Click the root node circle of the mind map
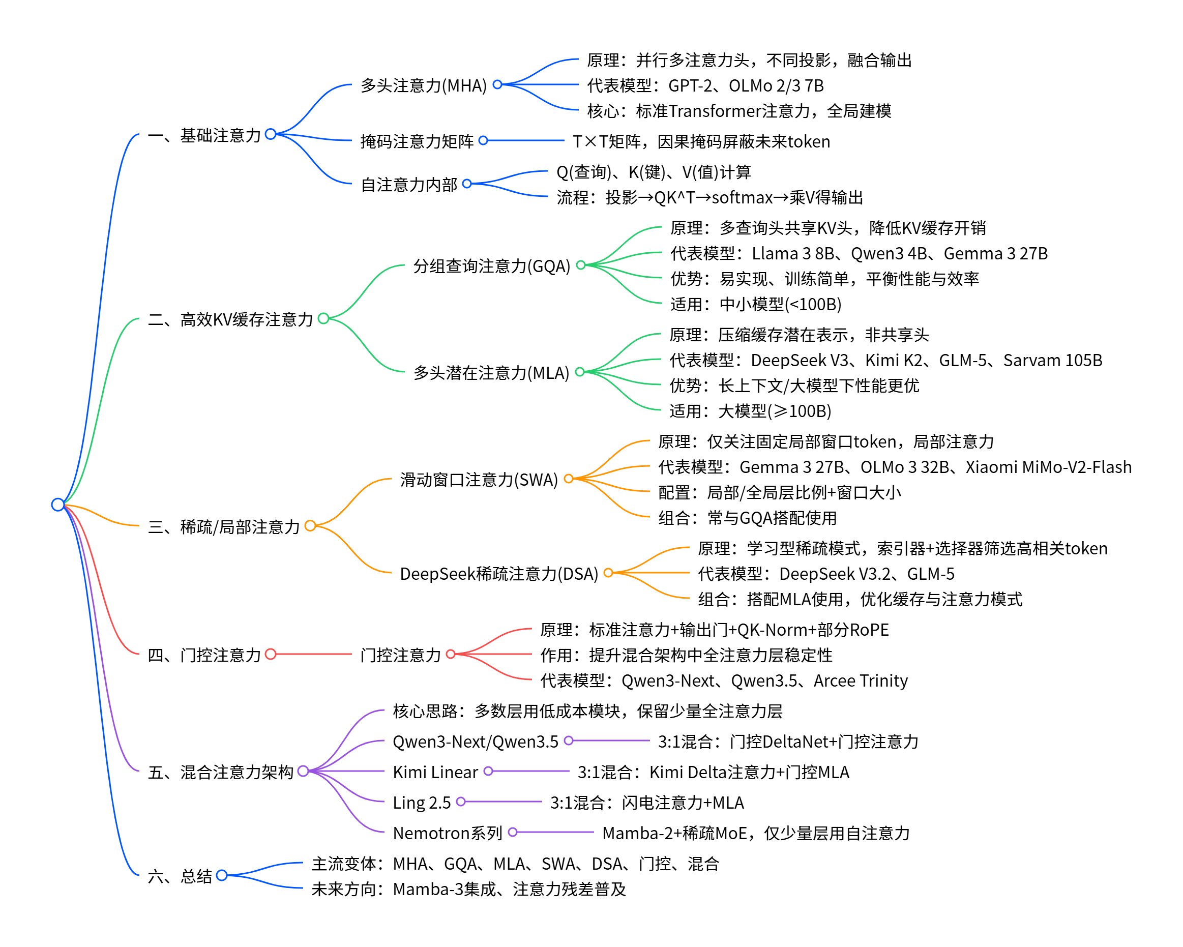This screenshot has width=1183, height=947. click(x=57, y=504)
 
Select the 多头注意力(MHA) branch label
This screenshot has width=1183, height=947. click(x=423, y=85)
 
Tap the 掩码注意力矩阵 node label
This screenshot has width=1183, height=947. click(x=417, y=141)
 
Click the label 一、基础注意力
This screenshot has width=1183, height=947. click(x=204, y=135)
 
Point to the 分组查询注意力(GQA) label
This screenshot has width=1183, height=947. click(x=491, y=266)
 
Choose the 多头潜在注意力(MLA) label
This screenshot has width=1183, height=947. click(x=491, y=373)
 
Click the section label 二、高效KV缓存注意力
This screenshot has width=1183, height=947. click(x=230, y=319)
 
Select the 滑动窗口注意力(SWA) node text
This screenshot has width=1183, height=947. click(x=478, y=480)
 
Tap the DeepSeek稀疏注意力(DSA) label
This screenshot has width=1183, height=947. click(x=498, y=574)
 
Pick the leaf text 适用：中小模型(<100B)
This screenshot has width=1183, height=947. click(x=756, y=304)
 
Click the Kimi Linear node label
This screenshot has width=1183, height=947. click(x=435, y=772)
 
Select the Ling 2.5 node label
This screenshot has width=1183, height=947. click(x=422, y=803)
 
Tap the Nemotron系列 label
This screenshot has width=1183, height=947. click(x=447, y=834)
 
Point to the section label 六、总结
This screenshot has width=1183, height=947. click(x=180, y=876)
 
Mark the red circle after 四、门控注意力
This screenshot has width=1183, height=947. click(x=271, y=654)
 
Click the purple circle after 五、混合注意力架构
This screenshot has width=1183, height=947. click(x=303, y=772)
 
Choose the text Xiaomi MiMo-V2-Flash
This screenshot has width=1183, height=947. click(x=1048, y=467)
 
